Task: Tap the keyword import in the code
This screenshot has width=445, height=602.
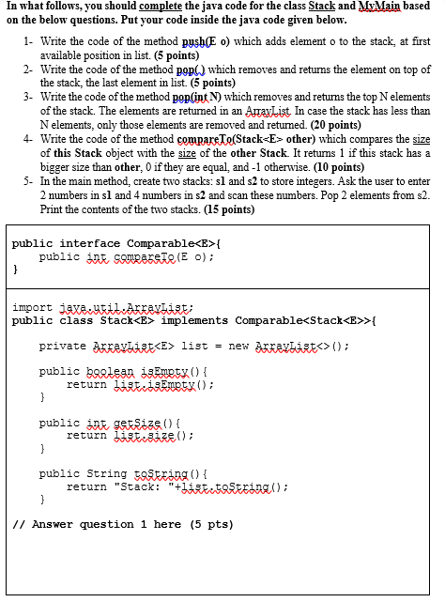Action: pyautogui.click(x=32, y=306)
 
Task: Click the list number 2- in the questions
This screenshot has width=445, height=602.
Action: pyautogui.click(x=29, y=69)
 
